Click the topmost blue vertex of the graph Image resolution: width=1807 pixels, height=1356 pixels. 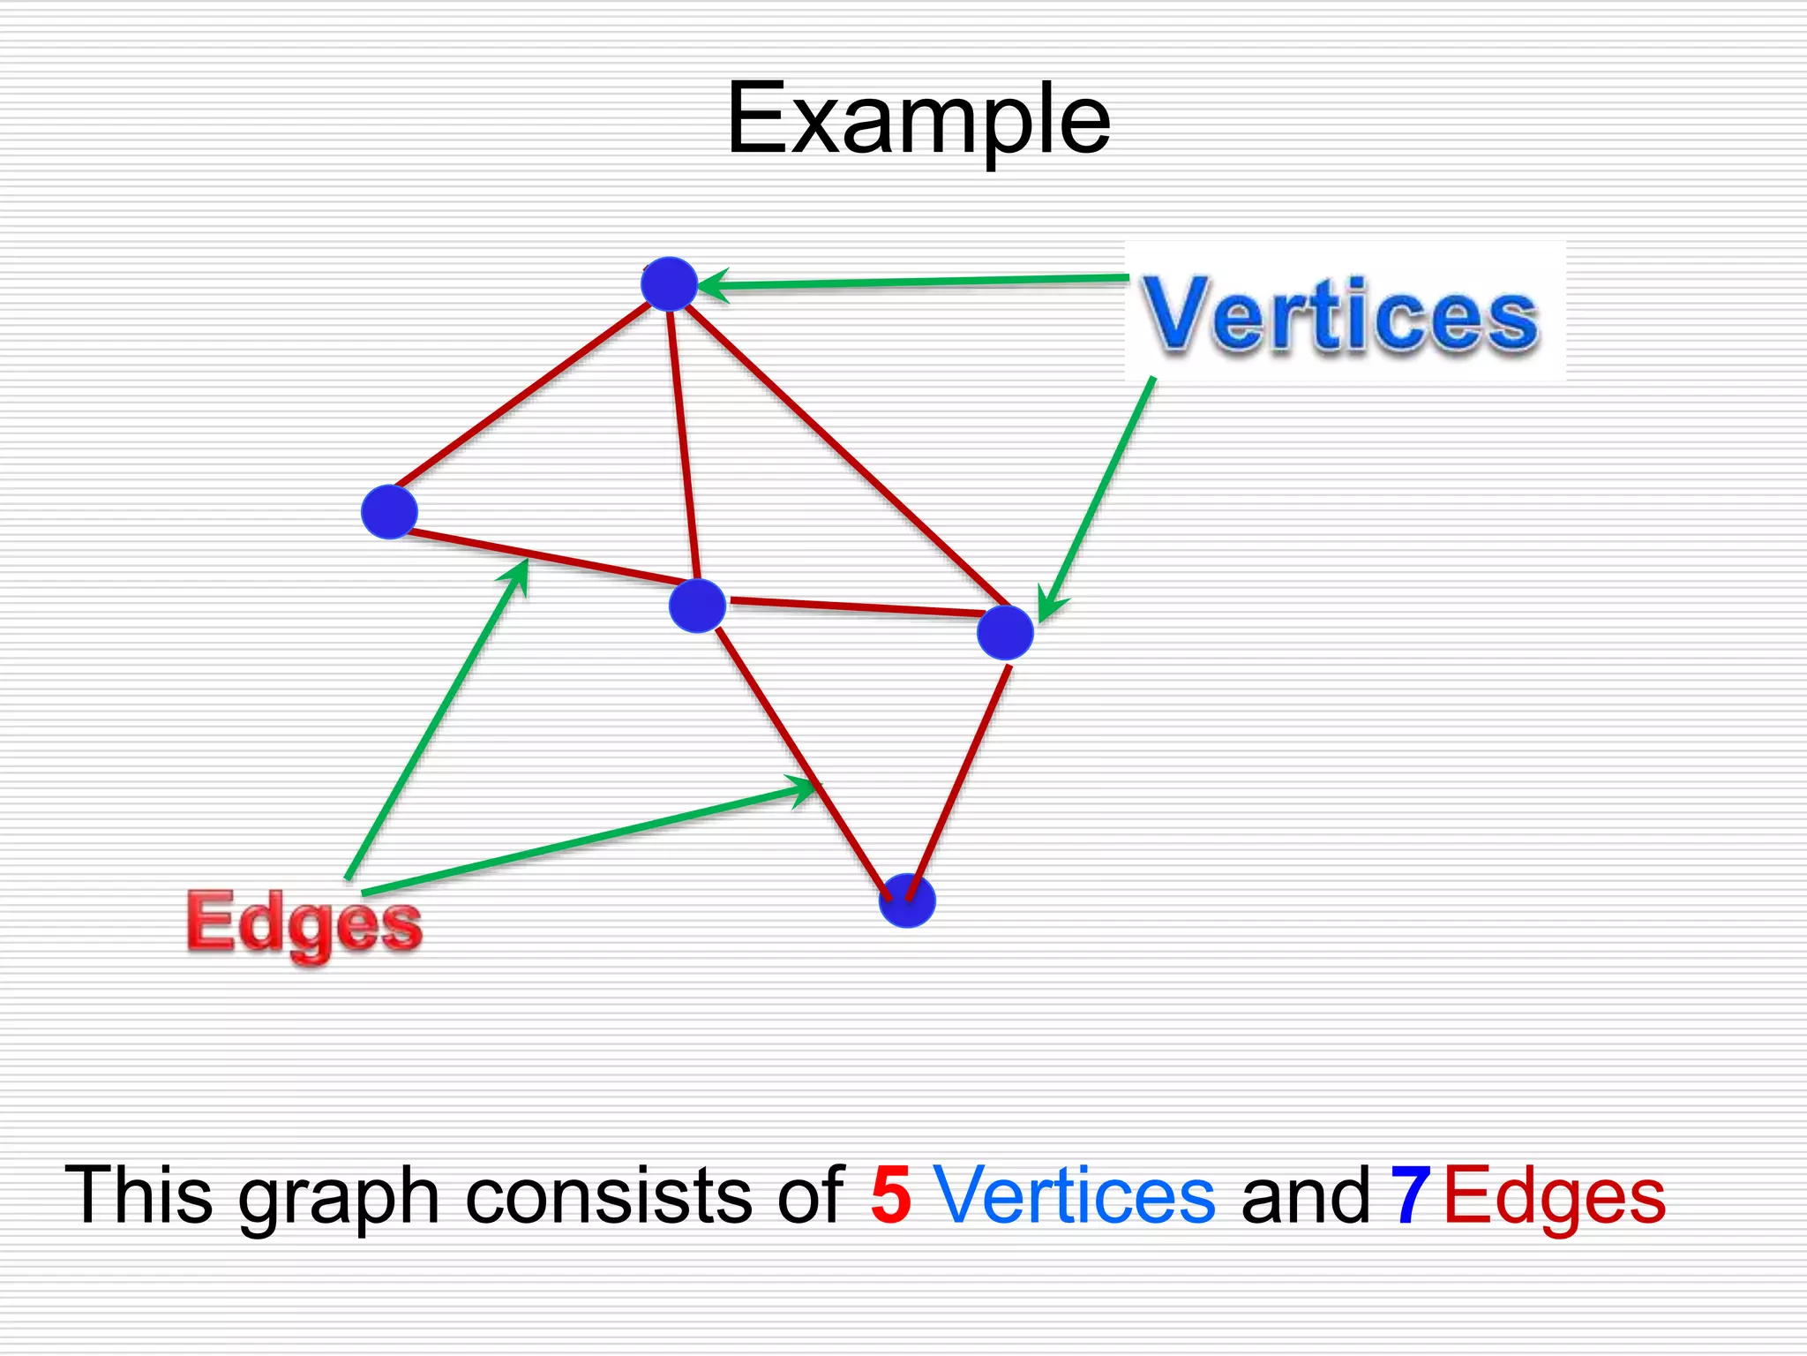pyautogui.click(x=669, y=283)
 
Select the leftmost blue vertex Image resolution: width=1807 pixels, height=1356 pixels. pyautogui.click(x=389, y=511)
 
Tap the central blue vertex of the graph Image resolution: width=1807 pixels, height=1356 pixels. pyautogui.click(x=697, y=606)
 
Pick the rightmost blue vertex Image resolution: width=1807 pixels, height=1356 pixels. pyautogui.click(x=1005, y=632)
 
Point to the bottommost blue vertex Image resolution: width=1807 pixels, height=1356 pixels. pyautogui.click(x=907, y=900)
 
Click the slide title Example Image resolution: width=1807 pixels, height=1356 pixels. pyautogui.click(x=918, y=119)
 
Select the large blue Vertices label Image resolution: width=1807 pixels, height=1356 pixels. pyautogui.click(x=1340, y=315)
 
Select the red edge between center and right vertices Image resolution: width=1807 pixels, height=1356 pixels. pyautogui.click(x=856, y=606)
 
